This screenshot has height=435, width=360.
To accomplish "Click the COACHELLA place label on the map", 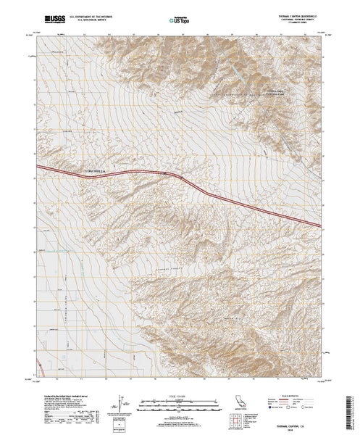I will (97, 171).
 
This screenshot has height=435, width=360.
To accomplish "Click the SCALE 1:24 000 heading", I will (168, 392).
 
